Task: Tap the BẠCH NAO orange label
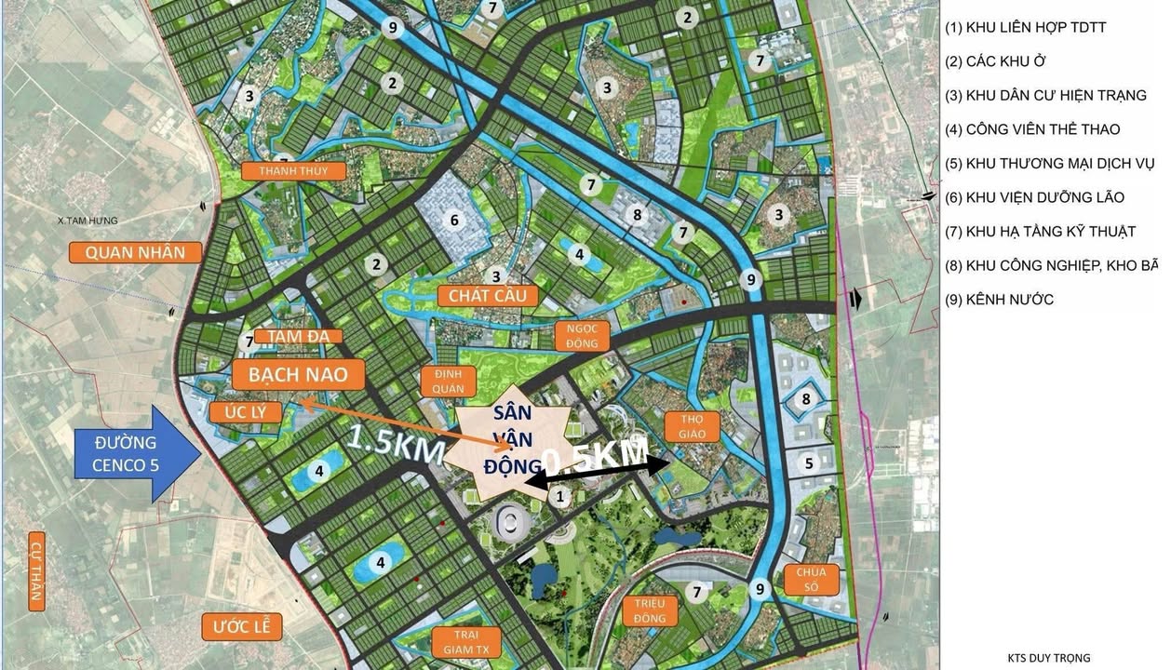289,375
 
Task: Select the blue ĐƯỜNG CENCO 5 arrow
136,453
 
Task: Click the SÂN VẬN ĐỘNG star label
505,438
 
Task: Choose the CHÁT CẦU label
487,295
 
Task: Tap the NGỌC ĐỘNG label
581,336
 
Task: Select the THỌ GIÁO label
693,427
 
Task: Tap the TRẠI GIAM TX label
466,642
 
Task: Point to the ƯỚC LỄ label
241,626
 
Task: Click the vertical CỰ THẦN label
37,574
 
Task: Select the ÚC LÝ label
246,412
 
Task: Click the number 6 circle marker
455,221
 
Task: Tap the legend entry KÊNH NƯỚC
1000,300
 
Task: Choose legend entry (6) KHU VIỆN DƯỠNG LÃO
1034,197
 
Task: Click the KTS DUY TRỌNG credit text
1048,658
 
